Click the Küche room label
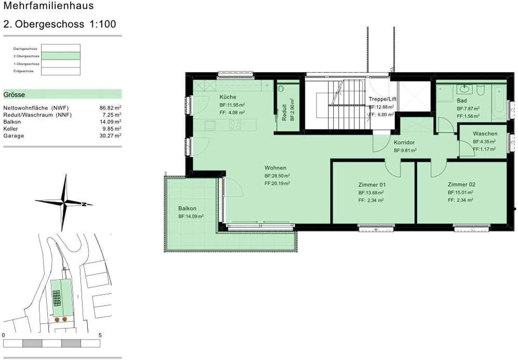(x=228, y=97)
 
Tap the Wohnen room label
(x=275, y=168)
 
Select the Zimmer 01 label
(x=372, y=184)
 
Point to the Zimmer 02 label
(x=461, y=184)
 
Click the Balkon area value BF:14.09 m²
(x=191, y=217)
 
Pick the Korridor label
(x=404, y=142)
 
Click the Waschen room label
(x=485, y=133)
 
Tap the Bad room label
(x=462, y=101)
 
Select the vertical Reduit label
(x=284, y=112)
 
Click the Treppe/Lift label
(x=382, y=99)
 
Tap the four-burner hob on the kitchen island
(x=235, y=125)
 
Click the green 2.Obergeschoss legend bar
(x=61, y=56)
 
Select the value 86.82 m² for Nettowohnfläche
(x=110, y=108)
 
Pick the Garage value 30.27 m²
(x=110, y=136)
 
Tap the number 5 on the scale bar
(x=100, y=335)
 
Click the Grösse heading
(x=14, y=95)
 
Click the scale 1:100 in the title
(x=103, y=24)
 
